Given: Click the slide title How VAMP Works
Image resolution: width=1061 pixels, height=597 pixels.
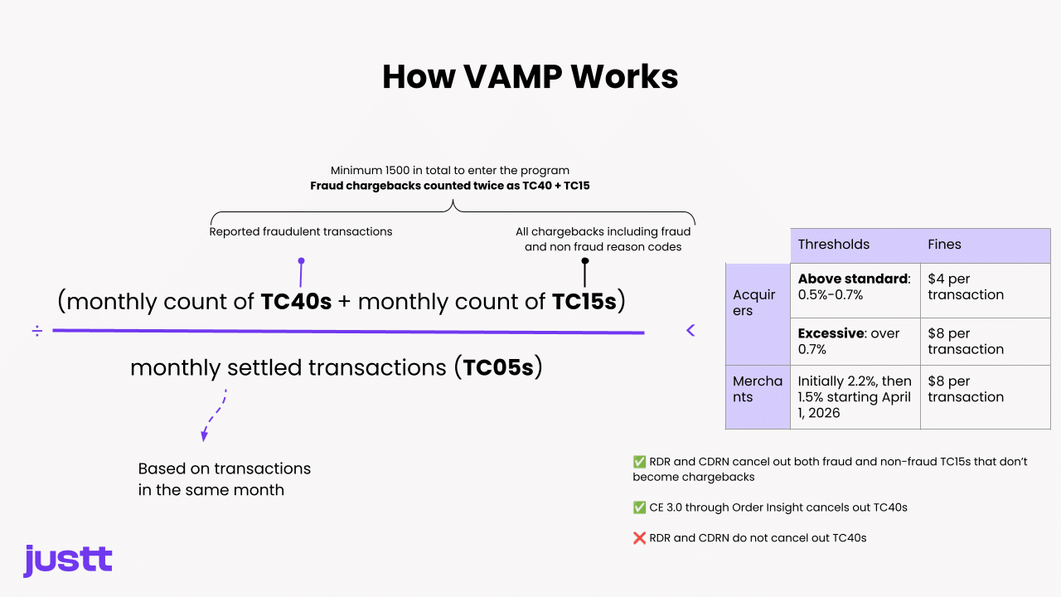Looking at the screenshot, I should pos(530,77).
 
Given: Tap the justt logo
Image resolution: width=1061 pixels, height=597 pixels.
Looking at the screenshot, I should pos(68,561).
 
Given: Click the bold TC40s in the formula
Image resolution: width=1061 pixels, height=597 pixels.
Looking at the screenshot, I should pos(296,302).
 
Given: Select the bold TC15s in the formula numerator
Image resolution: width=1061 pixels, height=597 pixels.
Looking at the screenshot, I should pos(584,302).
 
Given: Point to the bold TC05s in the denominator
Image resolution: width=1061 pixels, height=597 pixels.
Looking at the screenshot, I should pos(497,367).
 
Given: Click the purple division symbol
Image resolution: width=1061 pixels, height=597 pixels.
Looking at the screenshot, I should pos(37,332).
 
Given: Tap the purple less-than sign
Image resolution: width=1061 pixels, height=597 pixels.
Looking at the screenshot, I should pos(690,331).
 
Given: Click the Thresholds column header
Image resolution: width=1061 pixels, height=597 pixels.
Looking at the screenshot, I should pos(834,245).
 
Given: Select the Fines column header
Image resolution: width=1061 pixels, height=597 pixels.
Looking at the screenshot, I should pos(944,245).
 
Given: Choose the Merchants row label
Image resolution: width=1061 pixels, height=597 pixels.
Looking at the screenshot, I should pos(757,389).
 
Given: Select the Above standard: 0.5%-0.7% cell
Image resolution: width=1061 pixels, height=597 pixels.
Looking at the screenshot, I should pos(854,287).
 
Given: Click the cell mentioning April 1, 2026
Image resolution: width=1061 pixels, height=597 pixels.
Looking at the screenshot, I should pos(854,397).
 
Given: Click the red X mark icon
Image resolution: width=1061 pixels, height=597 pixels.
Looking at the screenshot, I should pos(639,538).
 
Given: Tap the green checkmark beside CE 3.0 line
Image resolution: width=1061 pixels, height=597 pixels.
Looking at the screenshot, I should pos(639,507).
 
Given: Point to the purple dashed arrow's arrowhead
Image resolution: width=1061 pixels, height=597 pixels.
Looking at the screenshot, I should pos(204,436).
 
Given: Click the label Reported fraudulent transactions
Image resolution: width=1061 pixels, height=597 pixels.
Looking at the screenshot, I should pos(301,231).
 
